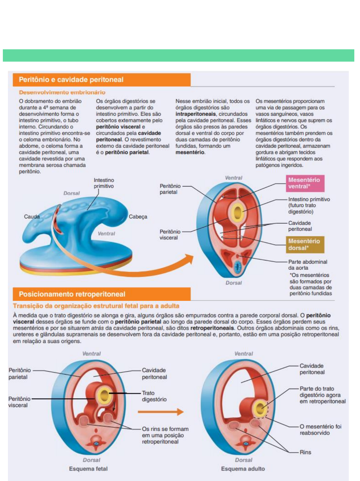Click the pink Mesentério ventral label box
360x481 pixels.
305,183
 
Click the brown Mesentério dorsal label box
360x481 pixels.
305,244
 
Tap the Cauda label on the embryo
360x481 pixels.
32,217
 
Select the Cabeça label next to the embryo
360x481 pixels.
138,217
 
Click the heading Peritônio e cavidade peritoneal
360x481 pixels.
71,80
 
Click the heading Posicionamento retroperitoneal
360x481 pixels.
72,294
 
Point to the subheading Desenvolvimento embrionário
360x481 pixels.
62,92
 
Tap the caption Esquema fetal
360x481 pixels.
88,469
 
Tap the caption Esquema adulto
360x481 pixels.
243,469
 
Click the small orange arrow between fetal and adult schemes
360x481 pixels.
161,412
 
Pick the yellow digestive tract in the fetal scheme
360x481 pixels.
104,395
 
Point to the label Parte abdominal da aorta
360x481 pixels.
307,265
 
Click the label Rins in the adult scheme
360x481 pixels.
305,452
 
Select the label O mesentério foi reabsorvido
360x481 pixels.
320,430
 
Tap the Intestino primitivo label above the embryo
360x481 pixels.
104,183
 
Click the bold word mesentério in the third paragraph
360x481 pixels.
190,152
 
